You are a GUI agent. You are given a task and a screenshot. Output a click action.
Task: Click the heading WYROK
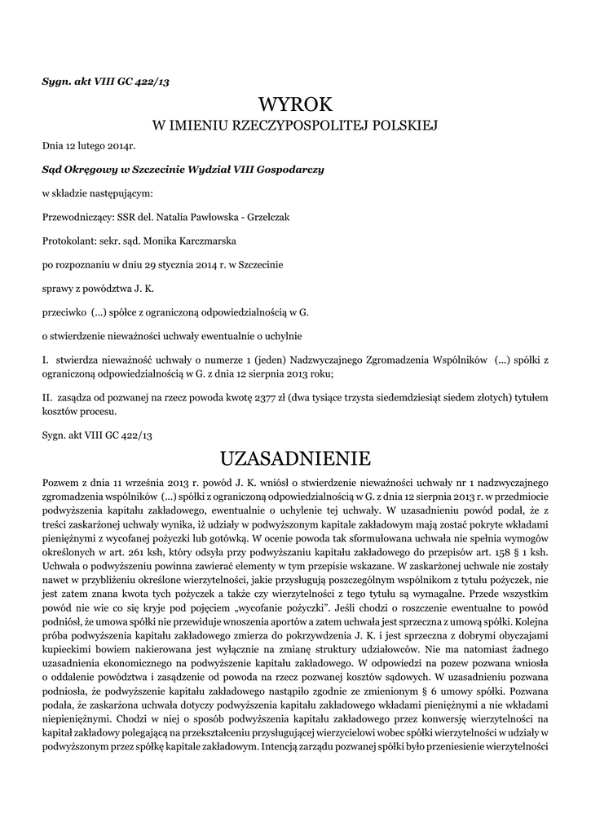pos(296,104)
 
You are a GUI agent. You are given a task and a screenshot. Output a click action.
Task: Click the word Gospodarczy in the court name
pos(291,170)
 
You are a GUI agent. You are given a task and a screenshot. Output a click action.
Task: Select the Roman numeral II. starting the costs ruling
pos(47,397)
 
